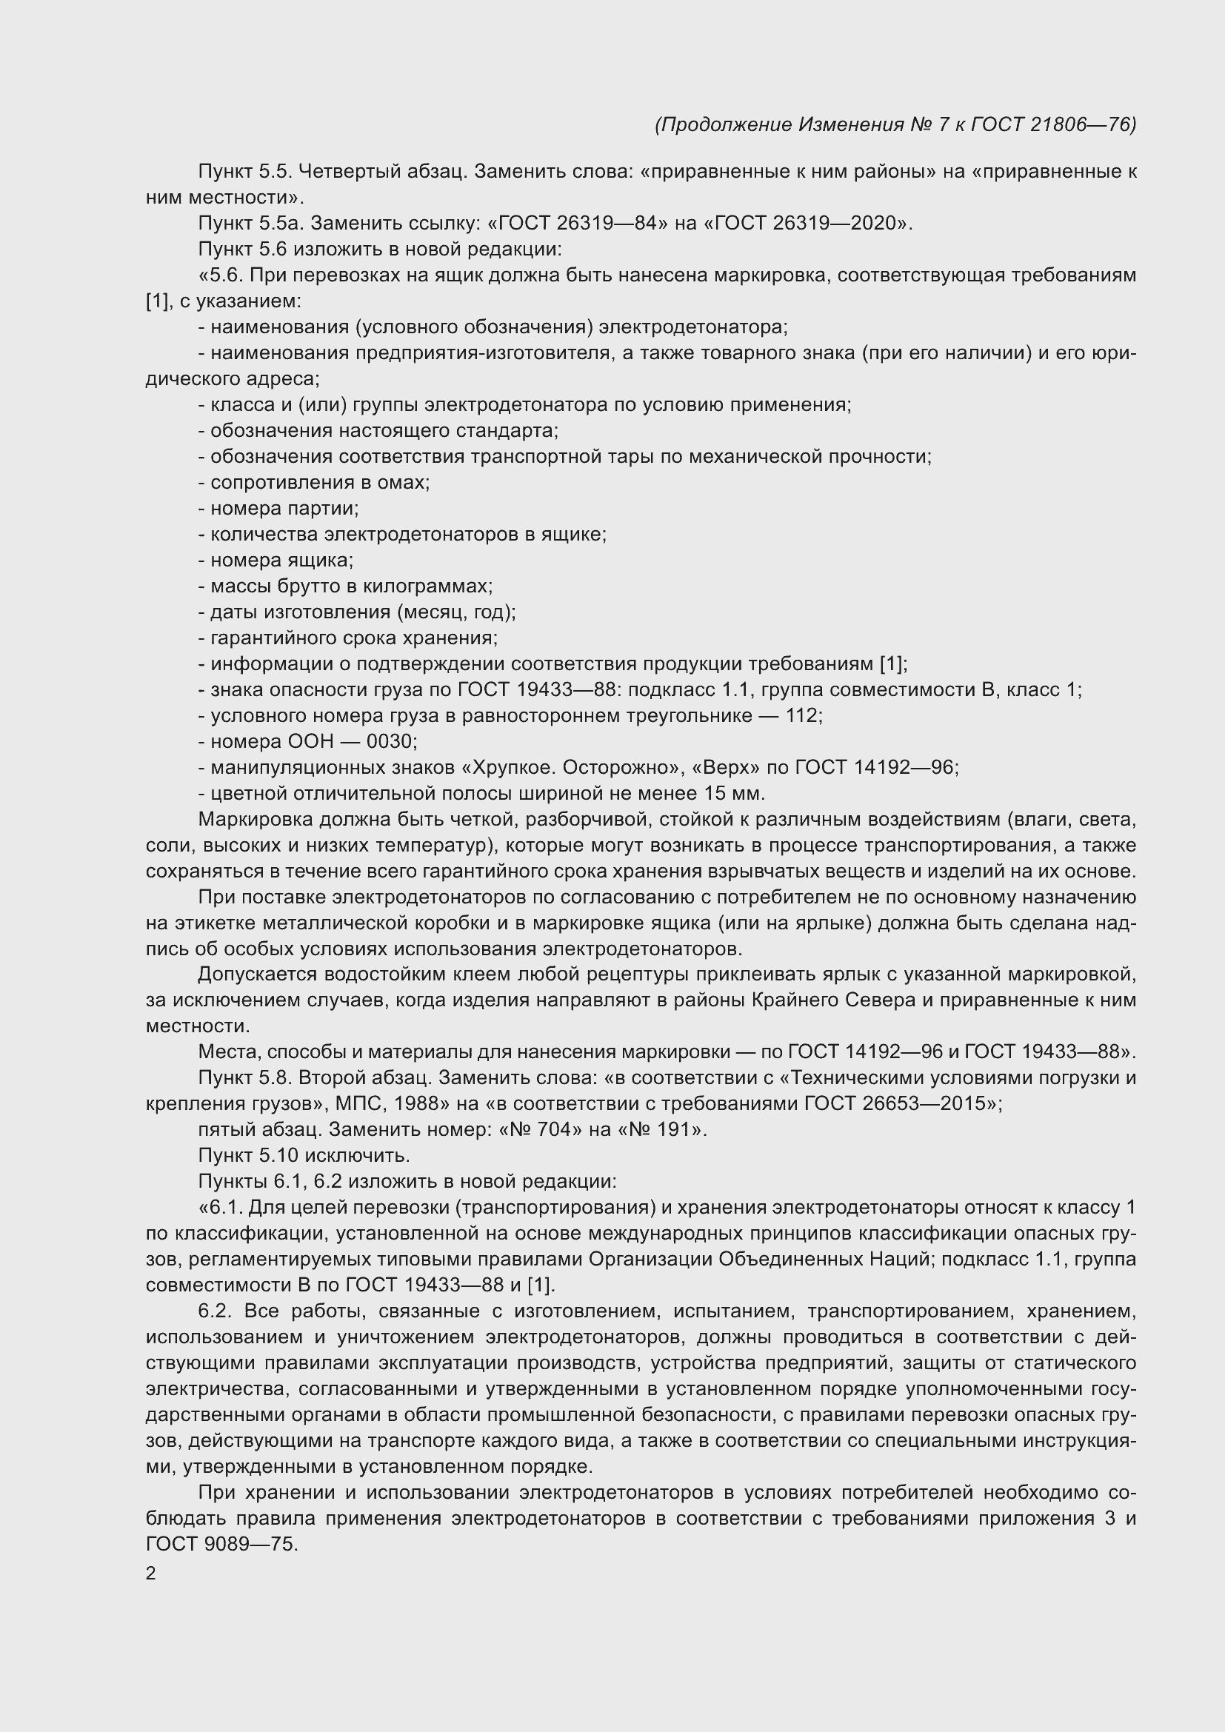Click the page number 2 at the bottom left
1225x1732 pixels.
point(151,1574)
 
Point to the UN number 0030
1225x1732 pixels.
point(392,740)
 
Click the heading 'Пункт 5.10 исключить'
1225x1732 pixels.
point(304,1155)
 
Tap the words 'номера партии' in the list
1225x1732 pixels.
point(284,508)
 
